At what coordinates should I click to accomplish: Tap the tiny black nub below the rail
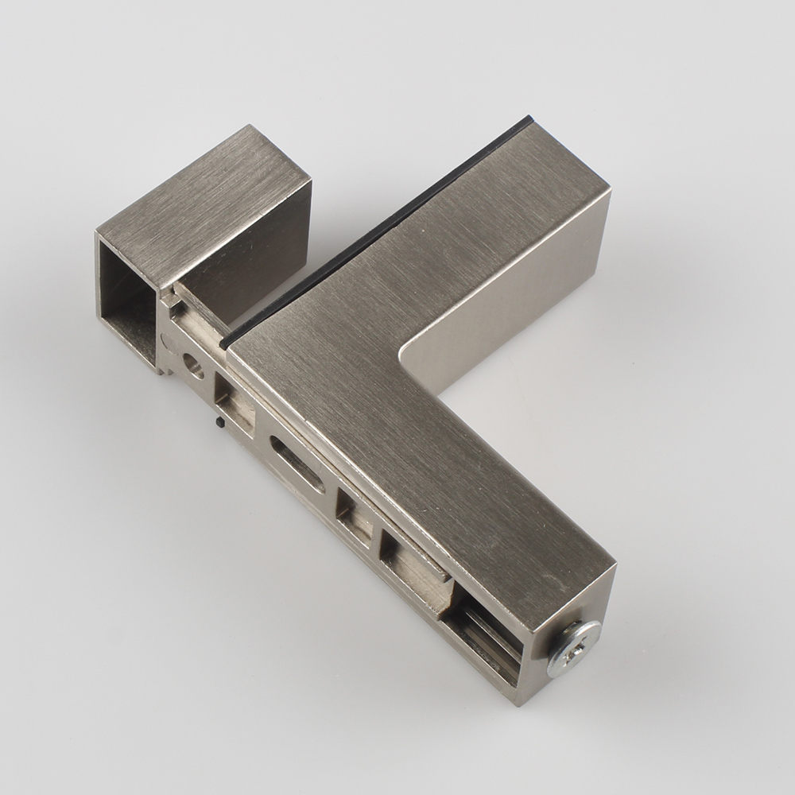pos(218,422)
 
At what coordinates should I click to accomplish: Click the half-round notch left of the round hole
pos(166,343)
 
